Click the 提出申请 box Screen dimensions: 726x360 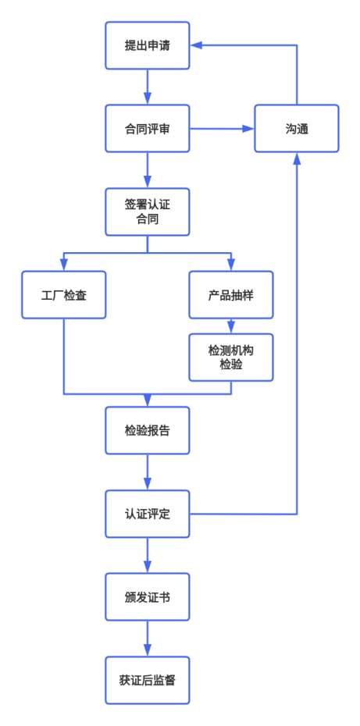point(147,45)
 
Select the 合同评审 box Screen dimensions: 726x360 point(147,129)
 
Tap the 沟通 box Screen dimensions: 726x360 point(297,129)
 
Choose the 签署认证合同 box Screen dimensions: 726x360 point(147,212)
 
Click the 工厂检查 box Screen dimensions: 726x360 point(64,295)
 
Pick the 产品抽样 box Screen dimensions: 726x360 point(230,295)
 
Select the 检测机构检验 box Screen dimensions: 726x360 point(230,358)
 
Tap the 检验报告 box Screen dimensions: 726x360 point(147,430)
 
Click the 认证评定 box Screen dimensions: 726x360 point(147,514)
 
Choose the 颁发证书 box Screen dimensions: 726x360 point(147,597)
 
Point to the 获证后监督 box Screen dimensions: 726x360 point(147,680)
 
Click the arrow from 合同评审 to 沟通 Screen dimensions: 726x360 point(222,129)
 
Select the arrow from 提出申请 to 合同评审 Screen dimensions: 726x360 point(147,87)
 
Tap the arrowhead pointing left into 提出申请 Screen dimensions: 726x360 point(197,45)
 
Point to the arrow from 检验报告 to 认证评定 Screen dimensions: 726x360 point(147,472)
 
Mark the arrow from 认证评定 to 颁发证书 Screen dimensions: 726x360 point(147,555)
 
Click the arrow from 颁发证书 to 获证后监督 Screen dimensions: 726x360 point(147,639)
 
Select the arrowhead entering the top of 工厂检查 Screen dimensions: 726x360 point(64,265)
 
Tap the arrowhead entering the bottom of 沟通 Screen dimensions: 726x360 point(297,158)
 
